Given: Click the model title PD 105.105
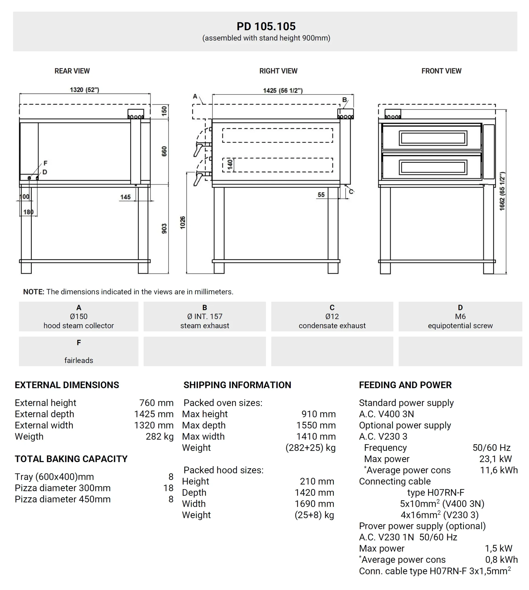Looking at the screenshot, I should pyautogui.click(x=266, y=27).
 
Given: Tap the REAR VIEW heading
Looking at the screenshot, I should pyautogui.click(x=72, y=71).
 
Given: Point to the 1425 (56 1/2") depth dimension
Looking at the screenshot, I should pyautogui.click(x=283, y=91).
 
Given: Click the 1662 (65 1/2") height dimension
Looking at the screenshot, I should pyautogui.click(x=502, y=191).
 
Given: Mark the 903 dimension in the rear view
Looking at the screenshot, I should pyautogui.click(x=164, y=228).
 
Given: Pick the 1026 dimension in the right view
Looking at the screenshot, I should pyautogui.click(x=182, y=222).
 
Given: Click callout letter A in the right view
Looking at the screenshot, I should pyautogui.click(x=195, y=96).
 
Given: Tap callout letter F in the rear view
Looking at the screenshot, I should pyautogui.click(x=45, y=163).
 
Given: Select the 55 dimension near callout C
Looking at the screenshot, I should pyautogui.click(x=321, y=195).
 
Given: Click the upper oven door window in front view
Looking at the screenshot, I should pyautogui.click(x=433, y=138).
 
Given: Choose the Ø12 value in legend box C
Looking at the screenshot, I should pyautogui.click(x=332, y=316).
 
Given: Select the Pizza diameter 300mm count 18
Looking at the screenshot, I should pyautogui.click(x=168, y=488).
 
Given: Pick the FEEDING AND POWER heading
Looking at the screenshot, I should pyautogui.click(x=405, y=385).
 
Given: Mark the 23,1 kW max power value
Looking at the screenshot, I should pyautogui.click(x=495, y=459).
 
